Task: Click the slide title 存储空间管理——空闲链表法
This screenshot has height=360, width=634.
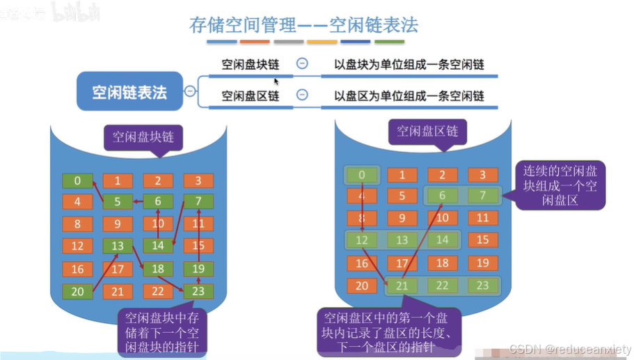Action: coord(303,25)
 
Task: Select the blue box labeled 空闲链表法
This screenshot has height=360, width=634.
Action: coord(129,92)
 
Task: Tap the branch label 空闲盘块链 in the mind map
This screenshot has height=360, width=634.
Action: coord(250,65)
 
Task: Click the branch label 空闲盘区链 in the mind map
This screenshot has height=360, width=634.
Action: coord(250,95)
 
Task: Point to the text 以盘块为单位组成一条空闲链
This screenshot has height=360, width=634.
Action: coord(409,65)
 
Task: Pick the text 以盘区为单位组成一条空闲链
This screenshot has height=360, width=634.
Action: coord(409,95)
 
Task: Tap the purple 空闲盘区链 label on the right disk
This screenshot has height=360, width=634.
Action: coord(427,131)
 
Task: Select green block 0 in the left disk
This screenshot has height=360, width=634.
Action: coord(77,181)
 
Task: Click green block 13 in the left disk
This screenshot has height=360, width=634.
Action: coord(118,246)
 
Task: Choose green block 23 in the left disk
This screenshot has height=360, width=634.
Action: coord(198,291)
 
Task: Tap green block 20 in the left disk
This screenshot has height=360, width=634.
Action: coord(77,291)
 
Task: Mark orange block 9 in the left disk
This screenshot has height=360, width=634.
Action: coord(118,224)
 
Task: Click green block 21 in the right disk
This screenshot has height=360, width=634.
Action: coord(402,285)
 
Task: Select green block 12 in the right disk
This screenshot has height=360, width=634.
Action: coord(361,240)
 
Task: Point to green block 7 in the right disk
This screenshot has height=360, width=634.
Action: coord(482,196)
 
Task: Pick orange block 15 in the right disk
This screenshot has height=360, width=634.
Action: coord(482,240)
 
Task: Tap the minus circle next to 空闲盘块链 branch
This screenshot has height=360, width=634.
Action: coord(302,63)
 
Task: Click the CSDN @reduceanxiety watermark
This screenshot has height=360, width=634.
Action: coord(569,349)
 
